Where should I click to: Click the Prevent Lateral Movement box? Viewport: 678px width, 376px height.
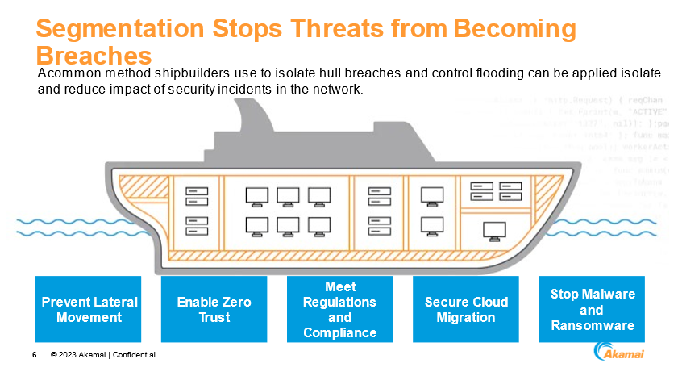pyautogui.click(x=88, y=309)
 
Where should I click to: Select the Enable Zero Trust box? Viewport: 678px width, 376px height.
pyautogui.click(x=214, y=309)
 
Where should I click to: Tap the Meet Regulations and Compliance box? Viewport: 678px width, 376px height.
pyautogui.click(x=339, y=309)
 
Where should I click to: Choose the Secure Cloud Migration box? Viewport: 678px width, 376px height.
pyautogui.click(x=466, y=309)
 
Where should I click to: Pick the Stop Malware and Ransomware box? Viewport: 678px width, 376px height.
pyautogui.click(x=592, y=309)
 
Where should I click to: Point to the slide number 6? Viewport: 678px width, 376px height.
pyautogui.click(x=34, y=355)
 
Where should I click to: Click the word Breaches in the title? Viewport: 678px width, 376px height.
pyautogui.click(x=94, y=55)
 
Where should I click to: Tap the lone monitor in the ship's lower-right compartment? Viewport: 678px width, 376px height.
pyautogui.click(x=493, y=229)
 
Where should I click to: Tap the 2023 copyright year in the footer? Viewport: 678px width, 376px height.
pyautogui.click(x=69, y=355)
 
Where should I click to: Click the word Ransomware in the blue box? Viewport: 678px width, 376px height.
pyautogui.click(x=592, y=325)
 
